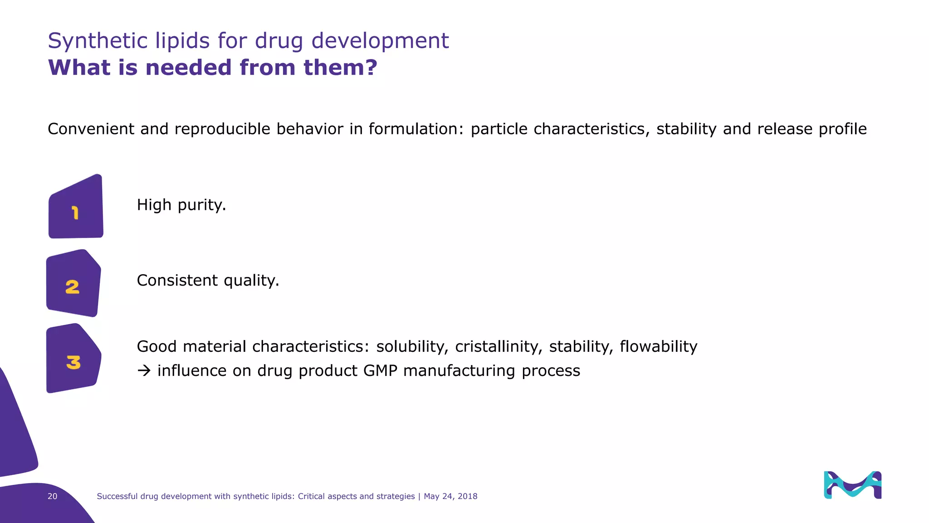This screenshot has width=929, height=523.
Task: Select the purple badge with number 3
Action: click(73, 360)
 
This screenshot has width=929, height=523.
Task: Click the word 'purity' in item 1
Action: click(201, 205)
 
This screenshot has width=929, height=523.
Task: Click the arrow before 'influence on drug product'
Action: click(144, 371)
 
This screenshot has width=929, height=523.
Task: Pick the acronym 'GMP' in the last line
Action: click(380, 371)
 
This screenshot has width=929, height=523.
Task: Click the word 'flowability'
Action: click(658, 346)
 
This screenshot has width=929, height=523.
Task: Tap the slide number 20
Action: click(53, 496)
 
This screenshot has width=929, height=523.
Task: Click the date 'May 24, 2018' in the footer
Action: click(450, 496)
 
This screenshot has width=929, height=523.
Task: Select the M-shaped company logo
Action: click(852, 485)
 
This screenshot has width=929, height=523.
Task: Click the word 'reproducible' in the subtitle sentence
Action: click(222, 129)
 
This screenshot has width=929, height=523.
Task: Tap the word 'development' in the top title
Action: click(380, 41)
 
